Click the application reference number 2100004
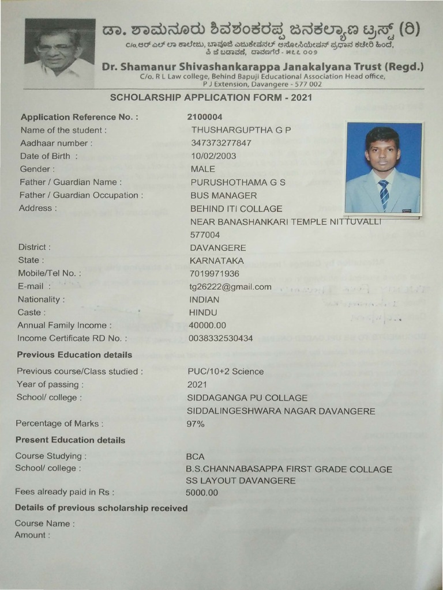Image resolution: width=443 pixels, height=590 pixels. (x=206, y=117)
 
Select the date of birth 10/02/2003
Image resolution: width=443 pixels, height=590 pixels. (x=213, y=156)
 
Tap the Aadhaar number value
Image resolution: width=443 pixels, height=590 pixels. (x=221, y=143)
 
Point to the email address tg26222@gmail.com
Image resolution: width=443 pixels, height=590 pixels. (x=230, y=286)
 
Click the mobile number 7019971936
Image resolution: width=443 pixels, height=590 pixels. (x=214, y=274)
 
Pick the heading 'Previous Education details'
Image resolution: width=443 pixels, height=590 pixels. (x=74, y=355)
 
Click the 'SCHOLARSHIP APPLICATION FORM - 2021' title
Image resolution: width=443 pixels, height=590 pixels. (x=211, y=97)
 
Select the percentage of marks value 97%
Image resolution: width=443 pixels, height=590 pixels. (x=196, y=424)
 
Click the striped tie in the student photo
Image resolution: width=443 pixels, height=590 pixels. (x=384, y=194)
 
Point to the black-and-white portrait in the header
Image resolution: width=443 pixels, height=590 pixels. (x=59, y=53)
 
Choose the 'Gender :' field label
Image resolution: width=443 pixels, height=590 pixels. (x=37, y=169)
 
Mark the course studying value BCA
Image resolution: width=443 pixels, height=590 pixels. (x=196, y=456)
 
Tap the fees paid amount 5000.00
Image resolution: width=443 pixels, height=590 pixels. (x=202, y=493)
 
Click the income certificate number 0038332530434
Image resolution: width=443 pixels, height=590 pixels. (x=221, y=338)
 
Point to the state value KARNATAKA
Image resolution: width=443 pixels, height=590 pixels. (x=217, y=260)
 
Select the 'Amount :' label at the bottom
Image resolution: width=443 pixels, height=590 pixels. (x=32, y=535)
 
